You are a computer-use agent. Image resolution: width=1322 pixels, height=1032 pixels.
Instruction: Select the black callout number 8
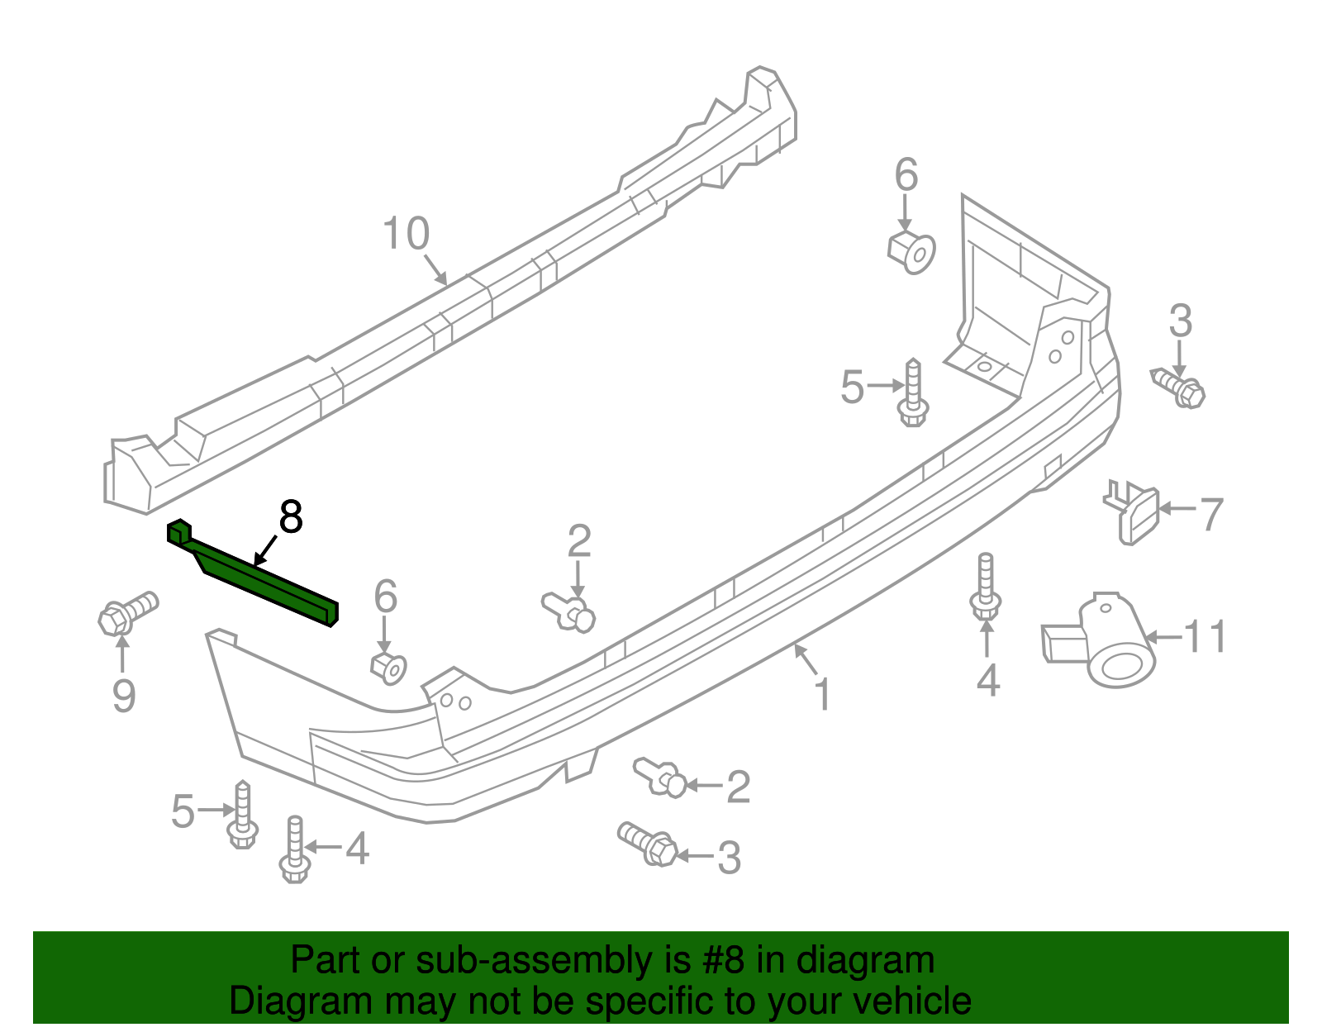(291, 517)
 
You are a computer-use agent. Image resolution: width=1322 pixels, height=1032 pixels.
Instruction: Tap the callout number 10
(407, 234)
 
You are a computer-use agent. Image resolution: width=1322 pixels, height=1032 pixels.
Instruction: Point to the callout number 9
(123, 696)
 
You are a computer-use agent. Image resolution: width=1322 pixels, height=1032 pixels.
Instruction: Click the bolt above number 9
(126, 612)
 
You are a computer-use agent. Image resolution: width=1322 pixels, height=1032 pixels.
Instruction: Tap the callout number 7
(1210, 514)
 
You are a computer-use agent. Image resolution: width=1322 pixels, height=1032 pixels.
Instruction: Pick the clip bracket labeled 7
(1134, 512)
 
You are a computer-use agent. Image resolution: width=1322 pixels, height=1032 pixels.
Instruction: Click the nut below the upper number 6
(912, 251)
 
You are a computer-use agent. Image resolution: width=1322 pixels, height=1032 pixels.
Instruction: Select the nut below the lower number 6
(388, 667)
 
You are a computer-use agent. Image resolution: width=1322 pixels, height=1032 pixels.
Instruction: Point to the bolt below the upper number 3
(1179, 388)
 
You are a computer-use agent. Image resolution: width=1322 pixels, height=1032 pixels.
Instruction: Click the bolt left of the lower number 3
(649, 844)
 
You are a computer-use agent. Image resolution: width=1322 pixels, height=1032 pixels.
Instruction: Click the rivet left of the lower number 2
(661, 778)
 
